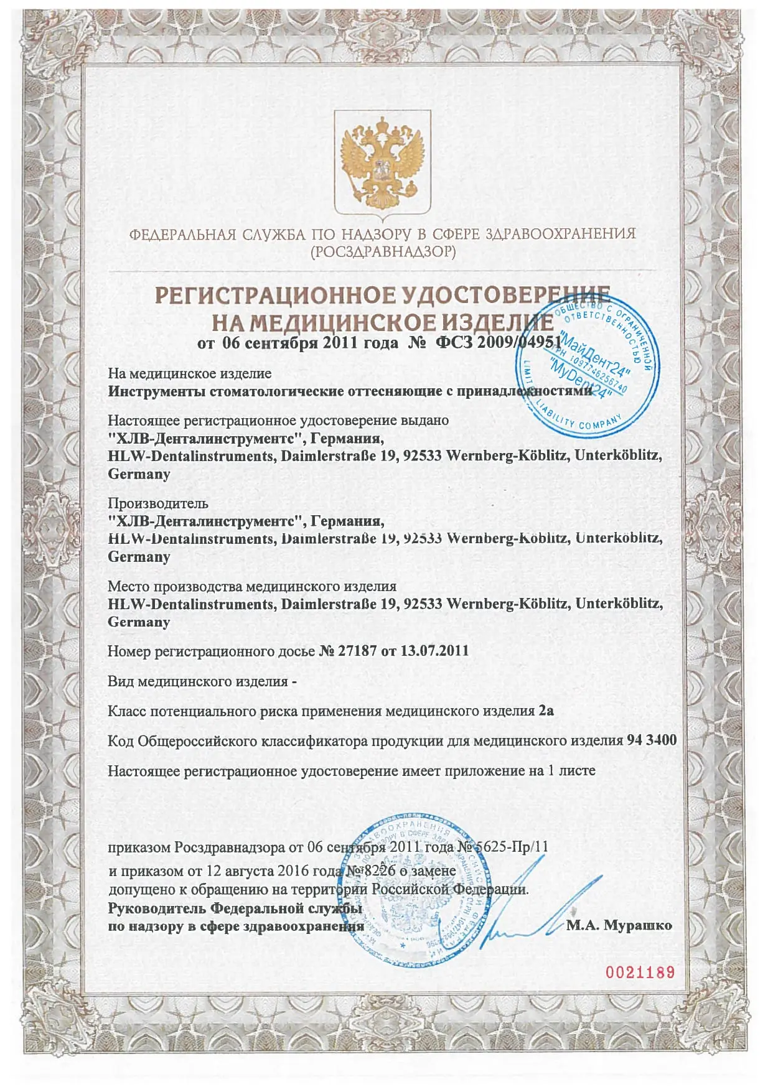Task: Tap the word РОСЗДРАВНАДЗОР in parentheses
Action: (x=383, y=252)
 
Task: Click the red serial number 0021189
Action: (x=640, y=972)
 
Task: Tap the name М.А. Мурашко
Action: (x=619, y=925)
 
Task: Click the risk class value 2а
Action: (x=546, y=711)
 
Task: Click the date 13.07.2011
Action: (x=434, y=651)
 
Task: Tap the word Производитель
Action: (x=158, y=503)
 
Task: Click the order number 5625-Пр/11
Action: (x=513, y=847)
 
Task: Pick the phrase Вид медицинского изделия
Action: (x=197, y=681)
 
